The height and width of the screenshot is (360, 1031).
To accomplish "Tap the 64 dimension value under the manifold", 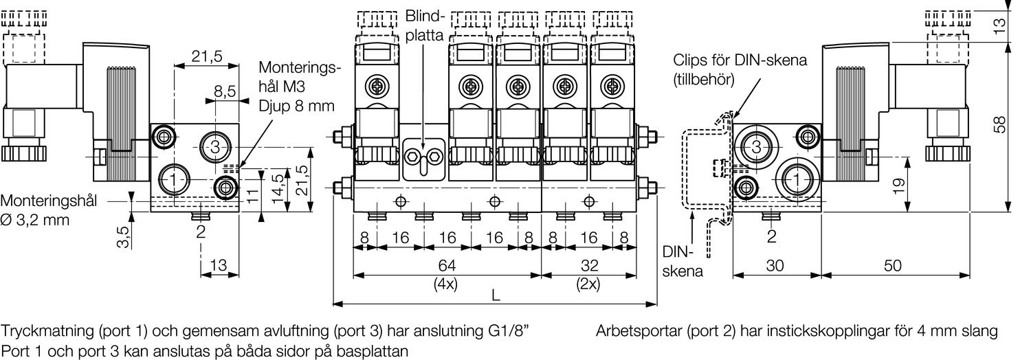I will tap(447, 266).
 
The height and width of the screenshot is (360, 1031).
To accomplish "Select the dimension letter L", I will tap(495, 295).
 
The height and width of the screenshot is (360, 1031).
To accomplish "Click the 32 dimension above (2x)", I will tap(589, 266).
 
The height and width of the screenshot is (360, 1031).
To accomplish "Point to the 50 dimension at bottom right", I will tap(892, 266).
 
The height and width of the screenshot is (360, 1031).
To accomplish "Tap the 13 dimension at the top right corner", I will tap(1001, 25).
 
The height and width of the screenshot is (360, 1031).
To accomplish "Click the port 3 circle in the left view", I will tap(214, 146).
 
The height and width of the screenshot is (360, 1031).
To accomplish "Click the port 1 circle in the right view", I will tap(796, 180).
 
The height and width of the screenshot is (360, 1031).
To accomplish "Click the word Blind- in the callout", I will tap(425, 15).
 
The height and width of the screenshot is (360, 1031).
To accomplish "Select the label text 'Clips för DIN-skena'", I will tap(740, 60).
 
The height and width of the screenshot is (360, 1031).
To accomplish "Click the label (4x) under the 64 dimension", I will tap(447, 282).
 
